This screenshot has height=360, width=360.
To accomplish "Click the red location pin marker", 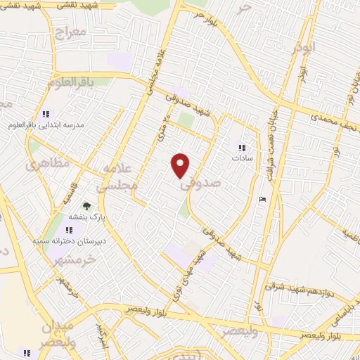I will (x=181, y=165).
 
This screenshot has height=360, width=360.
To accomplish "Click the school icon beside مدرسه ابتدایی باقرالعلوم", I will (x=46, y=114).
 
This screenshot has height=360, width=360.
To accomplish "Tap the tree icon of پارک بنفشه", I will (x=86, y=207).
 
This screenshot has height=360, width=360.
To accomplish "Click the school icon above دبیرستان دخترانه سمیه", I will (x=69, y=230).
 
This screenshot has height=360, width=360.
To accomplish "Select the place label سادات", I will (x=243, y=158).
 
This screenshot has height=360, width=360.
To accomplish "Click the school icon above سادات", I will (x=243, y=148).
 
